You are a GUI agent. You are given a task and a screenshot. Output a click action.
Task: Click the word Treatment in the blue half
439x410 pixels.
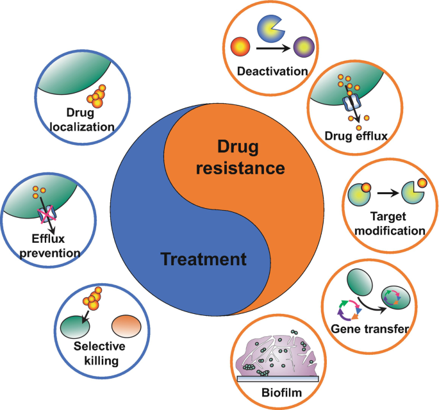click(x=203, y=259)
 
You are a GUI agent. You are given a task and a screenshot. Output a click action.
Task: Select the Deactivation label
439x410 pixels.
click(x=272, y=70)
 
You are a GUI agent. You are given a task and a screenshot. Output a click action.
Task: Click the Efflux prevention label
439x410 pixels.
click(x=41, y=247)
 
